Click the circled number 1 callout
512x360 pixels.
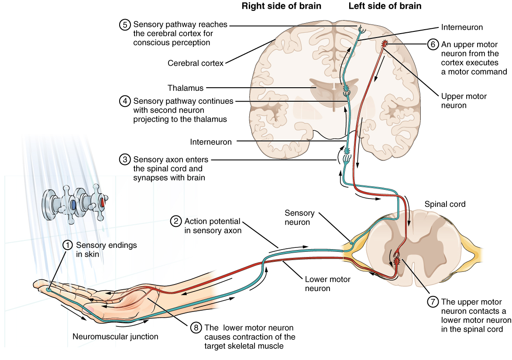[x=67, y=245]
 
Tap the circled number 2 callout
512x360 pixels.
[x=175, y=221]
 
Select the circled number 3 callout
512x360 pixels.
[x=124, y=159]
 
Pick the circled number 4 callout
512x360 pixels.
[x=124, y=101]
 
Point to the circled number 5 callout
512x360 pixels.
[x=124, y=25]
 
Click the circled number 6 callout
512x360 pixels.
[x=432, y=44]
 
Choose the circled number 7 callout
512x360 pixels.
[x=433, y=302]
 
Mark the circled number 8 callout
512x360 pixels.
[x=196, y=328]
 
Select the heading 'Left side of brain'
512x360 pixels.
[x=385, y=6]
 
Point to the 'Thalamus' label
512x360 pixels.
[x=186, y=88]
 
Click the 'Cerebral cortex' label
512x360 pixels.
[x=196, y=63]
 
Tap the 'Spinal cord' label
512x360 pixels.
[x=445, y=204]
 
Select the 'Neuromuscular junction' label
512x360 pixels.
[x=115, y=336]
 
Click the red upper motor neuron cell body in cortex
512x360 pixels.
[x=385, y=44]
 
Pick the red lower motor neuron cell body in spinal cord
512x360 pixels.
[x=397, y=261]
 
